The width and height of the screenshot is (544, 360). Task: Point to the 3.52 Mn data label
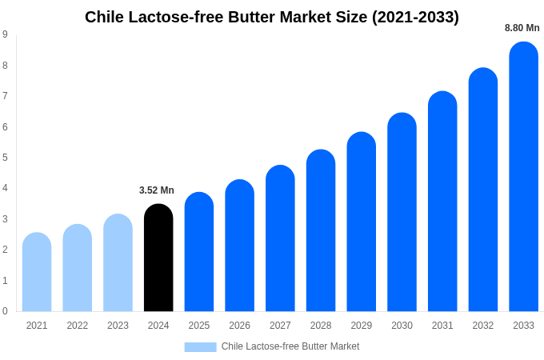(157, 190)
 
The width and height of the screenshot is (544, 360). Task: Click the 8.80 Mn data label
(522, 28)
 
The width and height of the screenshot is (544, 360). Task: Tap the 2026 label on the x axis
(239, 326)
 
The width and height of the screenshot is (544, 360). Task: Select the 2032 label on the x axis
(482, 326)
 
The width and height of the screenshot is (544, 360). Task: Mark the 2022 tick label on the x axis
(78, 326)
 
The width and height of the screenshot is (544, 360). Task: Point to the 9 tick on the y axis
(5, 34)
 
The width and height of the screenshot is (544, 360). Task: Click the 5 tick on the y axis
(5, 158)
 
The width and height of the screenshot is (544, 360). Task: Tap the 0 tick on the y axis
(5, 311)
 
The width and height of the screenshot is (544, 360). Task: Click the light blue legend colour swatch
(200, 347)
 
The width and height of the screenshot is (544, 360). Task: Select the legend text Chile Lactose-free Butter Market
(290, 346)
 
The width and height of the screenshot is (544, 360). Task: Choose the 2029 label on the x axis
(361, 326)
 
